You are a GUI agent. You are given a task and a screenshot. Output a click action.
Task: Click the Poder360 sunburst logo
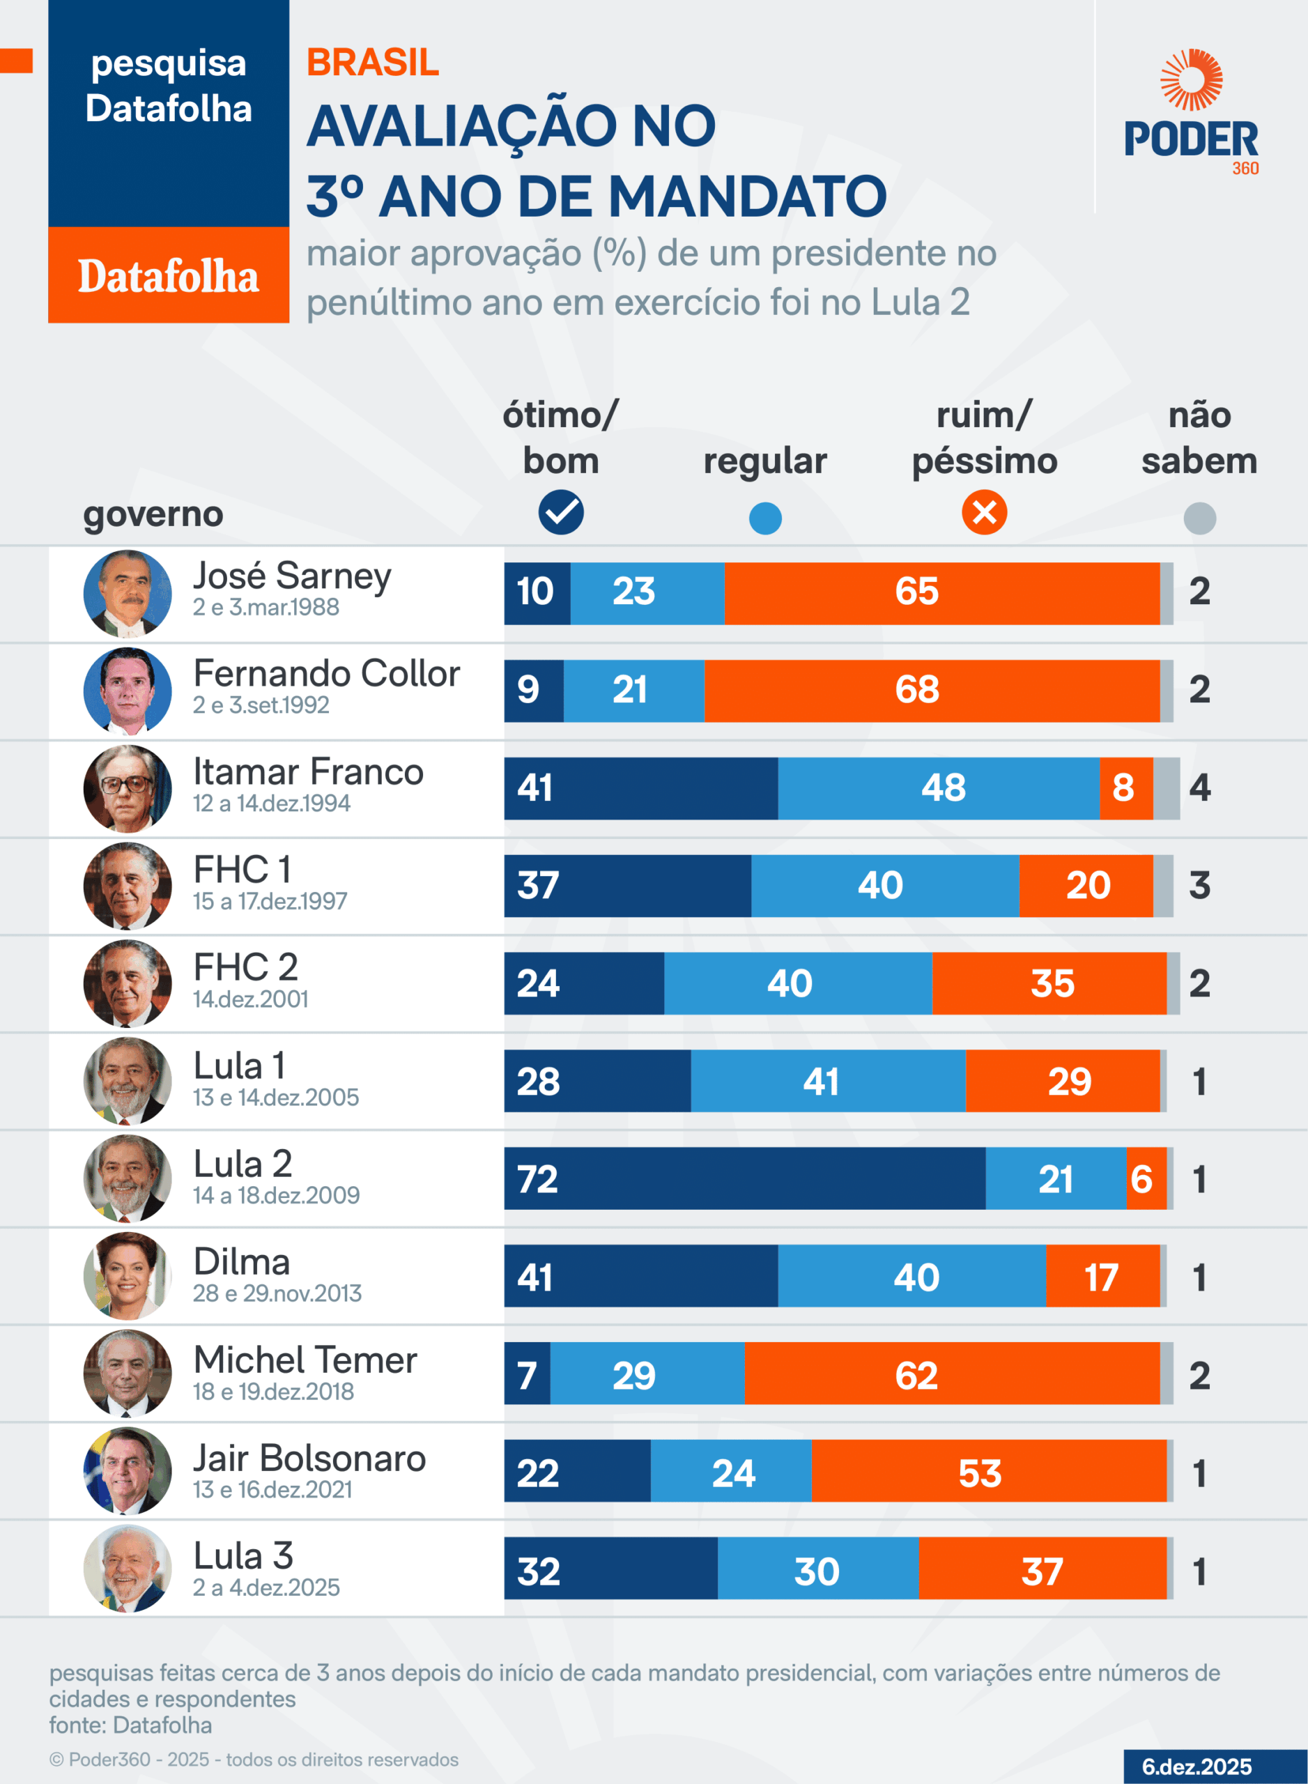point(1191,79)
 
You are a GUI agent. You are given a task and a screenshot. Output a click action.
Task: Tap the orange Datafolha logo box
point(169,275)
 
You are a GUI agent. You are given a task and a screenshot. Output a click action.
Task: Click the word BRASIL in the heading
point(372,63)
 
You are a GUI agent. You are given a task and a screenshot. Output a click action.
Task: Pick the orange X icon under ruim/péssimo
point(984,512)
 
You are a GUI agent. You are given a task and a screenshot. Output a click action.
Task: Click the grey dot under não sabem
point(1199,518)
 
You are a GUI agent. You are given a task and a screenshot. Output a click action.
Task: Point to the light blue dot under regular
point(765,518)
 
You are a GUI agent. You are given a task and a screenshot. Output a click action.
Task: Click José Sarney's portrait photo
point(128,593)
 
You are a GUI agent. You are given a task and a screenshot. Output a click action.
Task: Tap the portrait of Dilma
point(128,1276)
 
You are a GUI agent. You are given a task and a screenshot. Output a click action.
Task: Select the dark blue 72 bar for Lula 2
point(744,1178)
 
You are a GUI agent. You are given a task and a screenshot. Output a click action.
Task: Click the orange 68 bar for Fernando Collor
point(931,691)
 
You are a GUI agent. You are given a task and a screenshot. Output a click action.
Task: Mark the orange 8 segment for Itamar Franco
point(1125,788)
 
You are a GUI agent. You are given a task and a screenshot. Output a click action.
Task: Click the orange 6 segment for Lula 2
point(1145,1178)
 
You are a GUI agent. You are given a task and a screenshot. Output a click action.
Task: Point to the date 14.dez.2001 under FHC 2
point(250,999)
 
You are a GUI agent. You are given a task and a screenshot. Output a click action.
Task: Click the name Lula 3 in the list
point(243,1556)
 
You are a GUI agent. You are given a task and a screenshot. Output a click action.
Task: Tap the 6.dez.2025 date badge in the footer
point(1197,1767)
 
